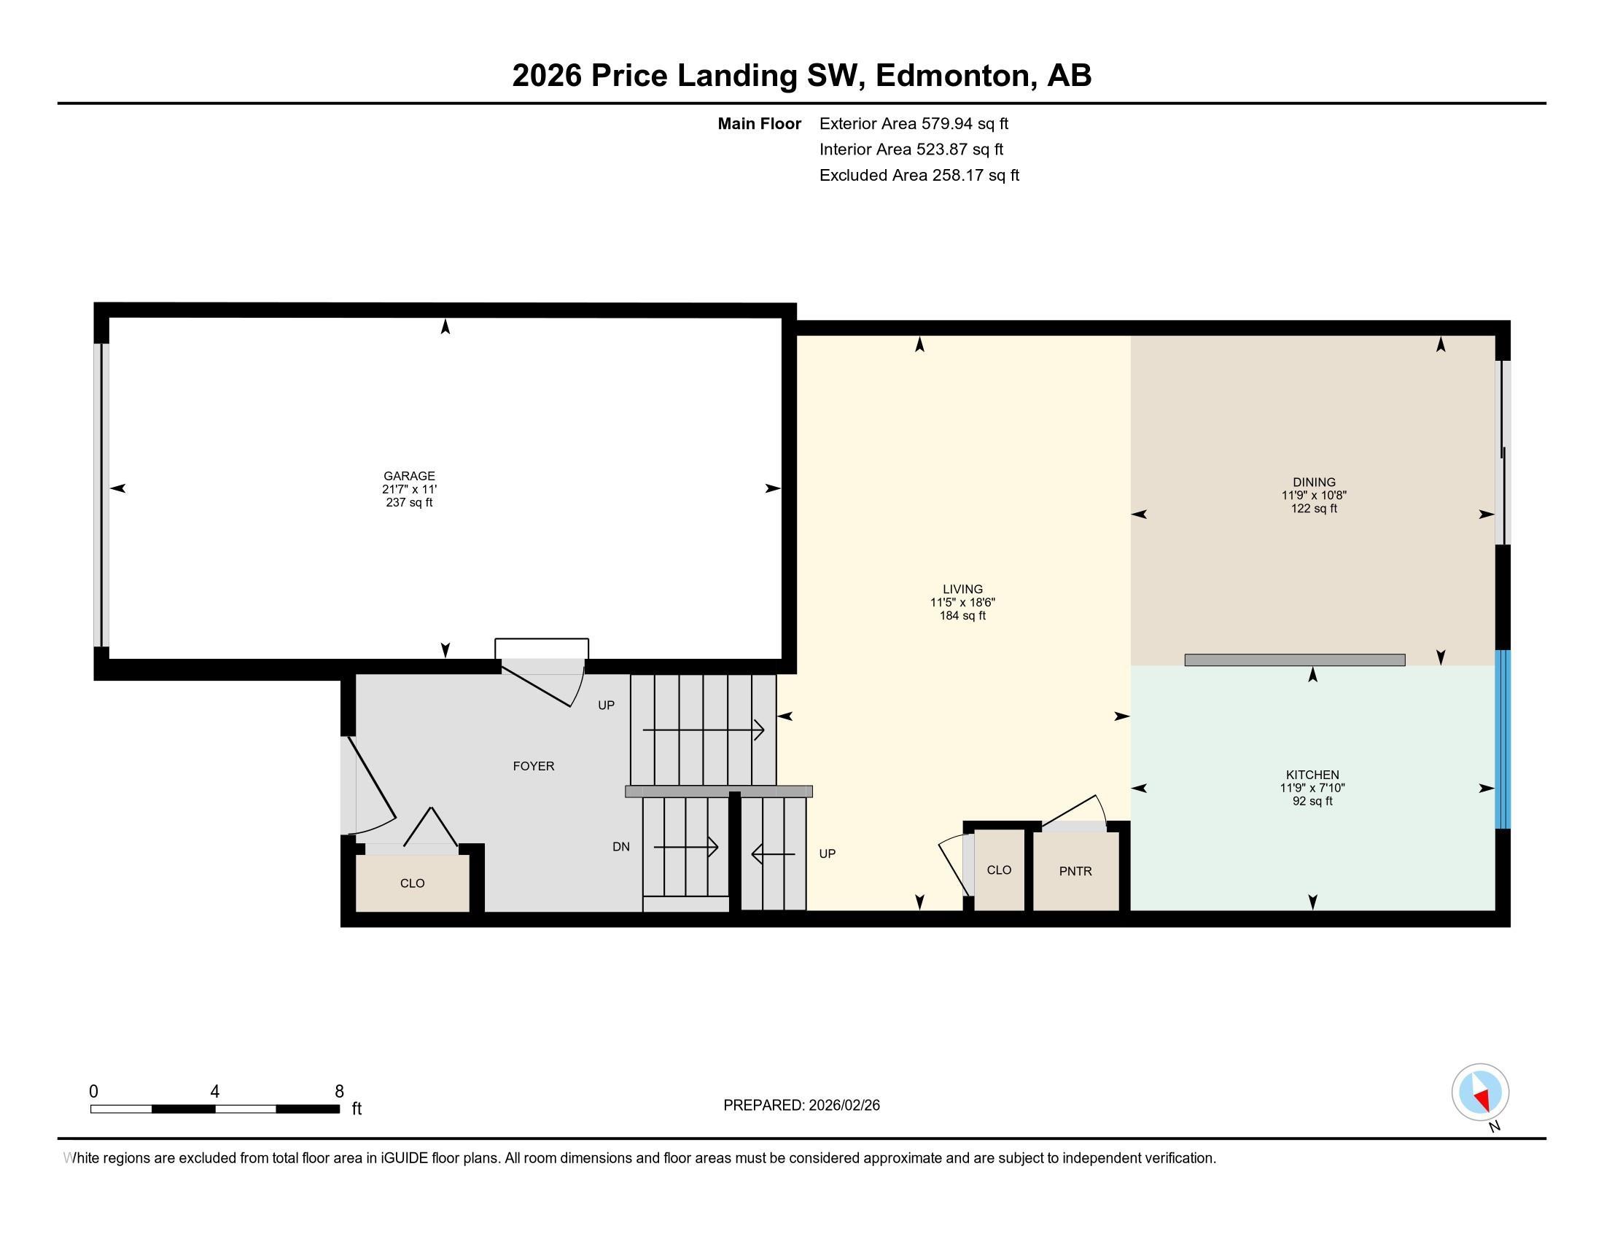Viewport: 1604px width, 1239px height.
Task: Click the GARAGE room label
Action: point(409,476)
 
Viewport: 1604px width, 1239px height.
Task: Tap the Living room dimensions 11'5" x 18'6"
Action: point(962,603)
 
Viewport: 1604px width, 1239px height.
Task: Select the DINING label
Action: point(1314,482)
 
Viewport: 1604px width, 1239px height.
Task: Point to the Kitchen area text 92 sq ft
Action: point(1312,802)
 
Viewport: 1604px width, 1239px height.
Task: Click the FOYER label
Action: point(533,766)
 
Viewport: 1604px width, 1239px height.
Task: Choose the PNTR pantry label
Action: point(1075,871)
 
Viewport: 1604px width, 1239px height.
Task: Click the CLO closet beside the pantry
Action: point(999,869)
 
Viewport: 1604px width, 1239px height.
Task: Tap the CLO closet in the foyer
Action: point(412,883)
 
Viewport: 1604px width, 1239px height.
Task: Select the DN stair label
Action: point(620,846)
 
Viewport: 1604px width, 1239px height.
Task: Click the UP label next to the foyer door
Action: point(606,706)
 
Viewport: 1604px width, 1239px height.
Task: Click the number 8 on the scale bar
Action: point(338,1092)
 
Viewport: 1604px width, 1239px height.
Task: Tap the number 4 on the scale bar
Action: point(214,1092)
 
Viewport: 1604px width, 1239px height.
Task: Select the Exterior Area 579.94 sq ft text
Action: point(914,124)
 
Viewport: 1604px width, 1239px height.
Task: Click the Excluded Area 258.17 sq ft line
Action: point(919,176)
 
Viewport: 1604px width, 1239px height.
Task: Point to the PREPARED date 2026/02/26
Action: point(801,1106)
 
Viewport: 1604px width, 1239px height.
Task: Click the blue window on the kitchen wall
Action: point(1503,739)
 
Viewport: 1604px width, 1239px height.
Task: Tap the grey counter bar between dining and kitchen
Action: point(1294,660)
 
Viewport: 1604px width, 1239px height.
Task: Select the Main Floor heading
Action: point(759,124)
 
